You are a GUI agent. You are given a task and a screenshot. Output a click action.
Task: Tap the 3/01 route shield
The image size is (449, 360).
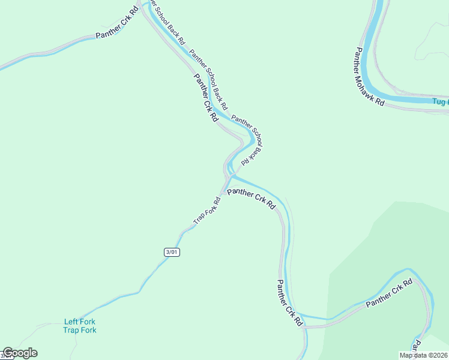click(172, 252)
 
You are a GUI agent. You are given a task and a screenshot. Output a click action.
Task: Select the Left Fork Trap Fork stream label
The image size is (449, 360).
click(80, 326)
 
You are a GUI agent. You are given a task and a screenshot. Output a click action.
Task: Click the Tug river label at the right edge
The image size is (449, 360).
click(440, 102)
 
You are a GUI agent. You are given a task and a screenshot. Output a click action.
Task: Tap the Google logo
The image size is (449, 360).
click(20, 353)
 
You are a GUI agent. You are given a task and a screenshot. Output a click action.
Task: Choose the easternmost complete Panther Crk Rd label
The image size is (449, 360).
click(390, 293)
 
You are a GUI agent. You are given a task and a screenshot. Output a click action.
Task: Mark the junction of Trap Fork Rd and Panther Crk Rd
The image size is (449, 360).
click(223, 192)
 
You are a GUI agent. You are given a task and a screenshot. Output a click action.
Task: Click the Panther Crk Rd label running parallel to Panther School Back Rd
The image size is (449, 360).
click(205, 98)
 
